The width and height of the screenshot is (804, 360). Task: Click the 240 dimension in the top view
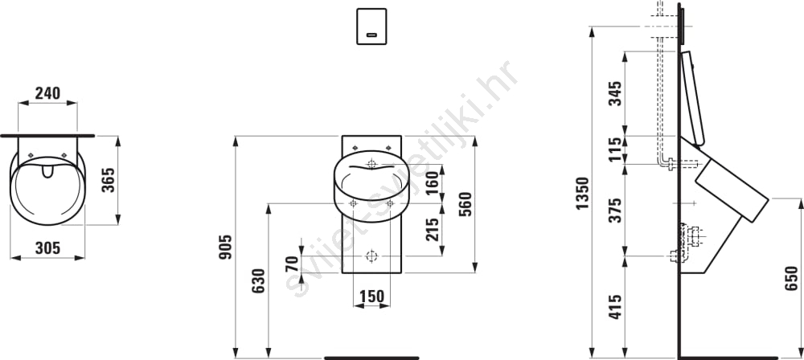point(47,93)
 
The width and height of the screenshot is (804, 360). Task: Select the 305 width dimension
point(47,248)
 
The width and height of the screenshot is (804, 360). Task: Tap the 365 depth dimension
point(109,180)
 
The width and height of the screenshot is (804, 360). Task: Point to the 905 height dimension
point(226,247)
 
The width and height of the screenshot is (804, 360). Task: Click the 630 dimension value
point(258,280)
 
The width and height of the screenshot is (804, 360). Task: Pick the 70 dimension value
point(292,264)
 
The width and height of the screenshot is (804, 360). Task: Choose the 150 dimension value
point(371,297)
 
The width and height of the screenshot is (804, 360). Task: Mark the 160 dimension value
point(433,182)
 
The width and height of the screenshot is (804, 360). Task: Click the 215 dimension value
point(433,230)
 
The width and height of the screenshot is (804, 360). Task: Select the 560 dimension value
point(465,204)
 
